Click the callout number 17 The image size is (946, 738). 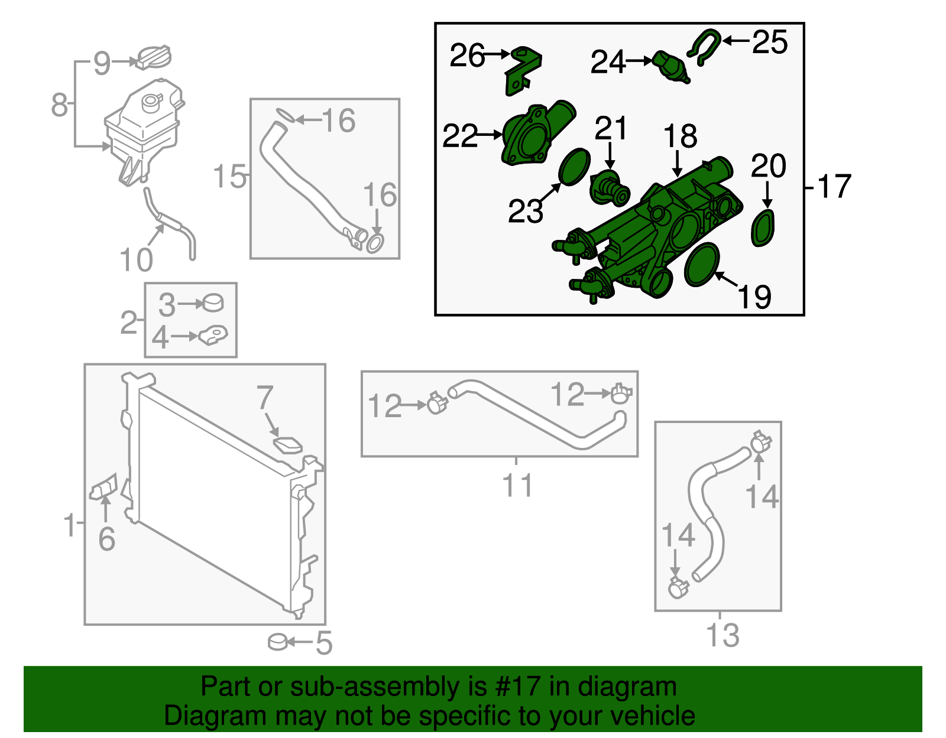tap(834, 186)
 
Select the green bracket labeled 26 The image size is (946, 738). tap(523, 70)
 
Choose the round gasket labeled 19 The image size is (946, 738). tap(702, 264)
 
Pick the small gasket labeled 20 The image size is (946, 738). tap(763, 228)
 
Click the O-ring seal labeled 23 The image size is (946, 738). tap(574, 167)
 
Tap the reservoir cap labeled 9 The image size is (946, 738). tap(154, 57)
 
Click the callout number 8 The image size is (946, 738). tap(59, 104)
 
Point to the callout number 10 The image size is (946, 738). tap(136, 259)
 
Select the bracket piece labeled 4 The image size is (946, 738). tap(213, 336)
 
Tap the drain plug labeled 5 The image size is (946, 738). tap(277, 642)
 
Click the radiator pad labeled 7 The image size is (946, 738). tap(287, 444)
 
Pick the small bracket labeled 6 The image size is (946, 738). tap(104, 487)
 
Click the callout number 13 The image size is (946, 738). tap(723, 635)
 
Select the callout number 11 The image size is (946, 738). tap(517, 486)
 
